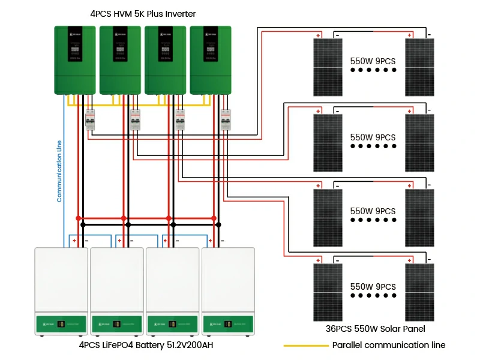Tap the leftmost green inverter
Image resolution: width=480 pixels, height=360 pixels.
point(75,60)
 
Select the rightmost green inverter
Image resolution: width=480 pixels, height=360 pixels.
point(211,60)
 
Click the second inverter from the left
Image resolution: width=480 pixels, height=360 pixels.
point(120,60)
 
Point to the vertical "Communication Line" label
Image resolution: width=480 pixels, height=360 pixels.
point(59,171)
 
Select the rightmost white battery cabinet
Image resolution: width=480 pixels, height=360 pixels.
point(228,291)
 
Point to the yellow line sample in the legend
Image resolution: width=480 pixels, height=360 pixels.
point(305,346)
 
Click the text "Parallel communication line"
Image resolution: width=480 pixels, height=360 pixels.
point(389,346)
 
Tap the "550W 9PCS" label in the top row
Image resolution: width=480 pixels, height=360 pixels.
point(373,61)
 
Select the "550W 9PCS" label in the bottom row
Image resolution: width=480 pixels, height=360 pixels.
point(373,287)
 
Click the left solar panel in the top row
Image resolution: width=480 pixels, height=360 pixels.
point(328,67)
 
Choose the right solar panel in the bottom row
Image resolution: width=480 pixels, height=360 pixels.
point(419,292)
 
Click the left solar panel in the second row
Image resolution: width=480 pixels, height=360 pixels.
point(328,142)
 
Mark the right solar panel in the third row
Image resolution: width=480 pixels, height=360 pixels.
point(419,217)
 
